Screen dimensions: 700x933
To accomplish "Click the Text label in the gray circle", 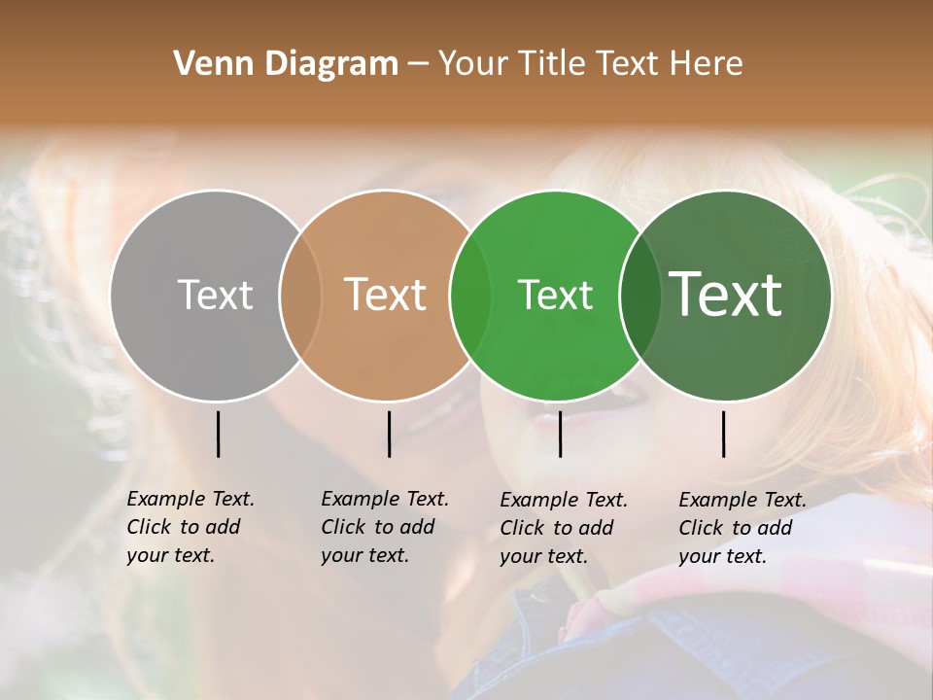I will pos(215,295).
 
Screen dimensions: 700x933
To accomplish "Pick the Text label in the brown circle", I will pos(386,295).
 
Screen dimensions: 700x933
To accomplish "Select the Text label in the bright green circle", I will pos(555,295).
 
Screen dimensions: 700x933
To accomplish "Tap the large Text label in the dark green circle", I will pos(726,295).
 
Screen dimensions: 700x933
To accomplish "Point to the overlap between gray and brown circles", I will pos(300,295).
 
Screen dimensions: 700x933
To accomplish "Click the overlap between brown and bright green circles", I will pos(470,295).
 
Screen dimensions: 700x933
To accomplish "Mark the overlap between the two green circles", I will pos(640,295).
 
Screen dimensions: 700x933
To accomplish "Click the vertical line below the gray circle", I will pos(218,434).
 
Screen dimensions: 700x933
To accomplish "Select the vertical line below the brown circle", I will pos(389,434).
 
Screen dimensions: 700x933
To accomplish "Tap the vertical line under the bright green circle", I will pos(560,434).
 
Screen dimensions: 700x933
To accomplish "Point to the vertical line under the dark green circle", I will pos(724,434).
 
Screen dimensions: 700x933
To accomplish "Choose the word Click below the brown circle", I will pos(343,527).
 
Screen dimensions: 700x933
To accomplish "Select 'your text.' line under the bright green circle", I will pos(543,556).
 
